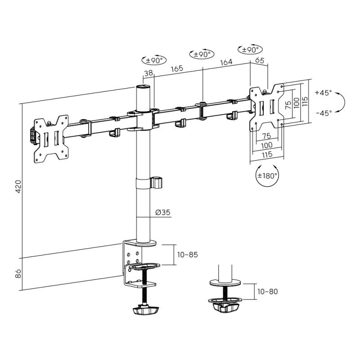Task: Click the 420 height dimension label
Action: click(x=18, y=186)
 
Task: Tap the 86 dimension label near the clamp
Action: click(x=18, y=273)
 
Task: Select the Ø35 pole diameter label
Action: click(x=163, y=212)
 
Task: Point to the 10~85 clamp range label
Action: click(x=187, y=255)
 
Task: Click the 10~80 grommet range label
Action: click(x=267, y=292)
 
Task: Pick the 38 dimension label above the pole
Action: click(x=148, y=73)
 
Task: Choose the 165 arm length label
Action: click(x=177, y=68)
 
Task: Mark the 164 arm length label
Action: click(x=226, y=62)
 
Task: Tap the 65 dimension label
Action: click(x=260, y=60)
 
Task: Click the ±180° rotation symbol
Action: click(x=267, y=175)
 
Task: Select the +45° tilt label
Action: click(x=323, y=93)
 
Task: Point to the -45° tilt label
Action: click(x=324, y=113)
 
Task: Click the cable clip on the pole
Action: click(x=156, y=183)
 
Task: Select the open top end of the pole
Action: click(x=143, y=87)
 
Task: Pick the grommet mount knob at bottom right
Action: click(x=225, y=306)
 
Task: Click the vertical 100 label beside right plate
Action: click(x=297, y=103)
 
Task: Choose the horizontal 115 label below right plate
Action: click(x=267, y=154)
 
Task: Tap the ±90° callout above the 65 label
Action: click(x=250, y=49)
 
